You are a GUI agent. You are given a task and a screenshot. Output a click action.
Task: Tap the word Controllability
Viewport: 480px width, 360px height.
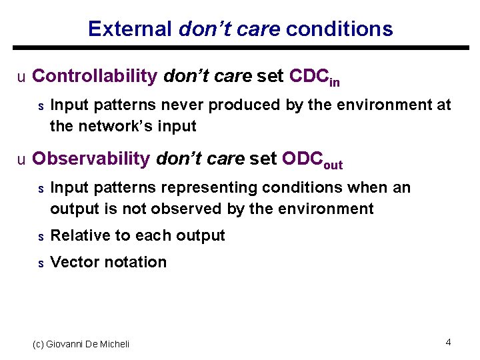click(x=94, y=76)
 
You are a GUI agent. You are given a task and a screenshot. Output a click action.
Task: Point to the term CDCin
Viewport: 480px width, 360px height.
click(x=315, y=77)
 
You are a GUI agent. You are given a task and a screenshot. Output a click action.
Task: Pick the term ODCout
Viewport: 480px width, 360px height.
click(x=312, y=160)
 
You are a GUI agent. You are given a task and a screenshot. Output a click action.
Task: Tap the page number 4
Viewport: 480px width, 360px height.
click(x=448, y=342)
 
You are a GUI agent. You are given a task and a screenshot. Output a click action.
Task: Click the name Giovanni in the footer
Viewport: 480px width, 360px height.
click(x=67, y=344)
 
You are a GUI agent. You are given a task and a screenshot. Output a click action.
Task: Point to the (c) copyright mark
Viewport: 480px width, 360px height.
click(x=39, y=344)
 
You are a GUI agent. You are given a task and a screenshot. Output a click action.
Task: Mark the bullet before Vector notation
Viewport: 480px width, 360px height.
click(x=40, y=263)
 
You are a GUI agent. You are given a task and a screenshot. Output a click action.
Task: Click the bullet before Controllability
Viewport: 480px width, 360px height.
click(x=21, y=77)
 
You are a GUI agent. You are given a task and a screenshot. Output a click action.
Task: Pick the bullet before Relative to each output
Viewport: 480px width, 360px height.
click(x=40, y=237)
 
